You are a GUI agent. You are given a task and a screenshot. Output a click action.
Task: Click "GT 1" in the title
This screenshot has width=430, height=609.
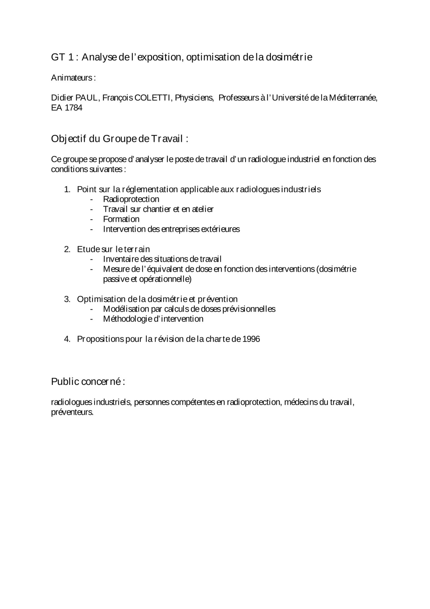pyautogui.click(x=62, y=57)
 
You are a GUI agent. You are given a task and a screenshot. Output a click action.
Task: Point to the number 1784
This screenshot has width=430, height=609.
pyautogui.click(x=73, y=108)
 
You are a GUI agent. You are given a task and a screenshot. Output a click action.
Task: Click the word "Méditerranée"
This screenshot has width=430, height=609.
pyautogui.click(x=353, y=98)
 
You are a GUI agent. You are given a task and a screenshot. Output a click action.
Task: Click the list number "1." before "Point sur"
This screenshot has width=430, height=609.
pyautogui.click(x=67, y=189)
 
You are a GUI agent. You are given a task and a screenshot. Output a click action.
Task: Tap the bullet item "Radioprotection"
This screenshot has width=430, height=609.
pyautogui.click(x=131, y=199)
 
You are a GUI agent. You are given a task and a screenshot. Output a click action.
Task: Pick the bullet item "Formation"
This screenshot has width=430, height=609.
pyautogui.click(x=121, y=219)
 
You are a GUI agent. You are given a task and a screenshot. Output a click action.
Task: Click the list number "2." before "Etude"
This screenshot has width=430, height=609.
pyautogui.click(x=67, y=249)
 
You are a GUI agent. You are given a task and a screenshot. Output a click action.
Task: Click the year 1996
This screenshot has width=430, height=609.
pyautogui.click(x=251, y=339)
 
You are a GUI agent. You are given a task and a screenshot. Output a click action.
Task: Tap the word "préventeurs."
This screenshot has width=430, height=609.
pyautogui.click(x=72, y=413)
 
